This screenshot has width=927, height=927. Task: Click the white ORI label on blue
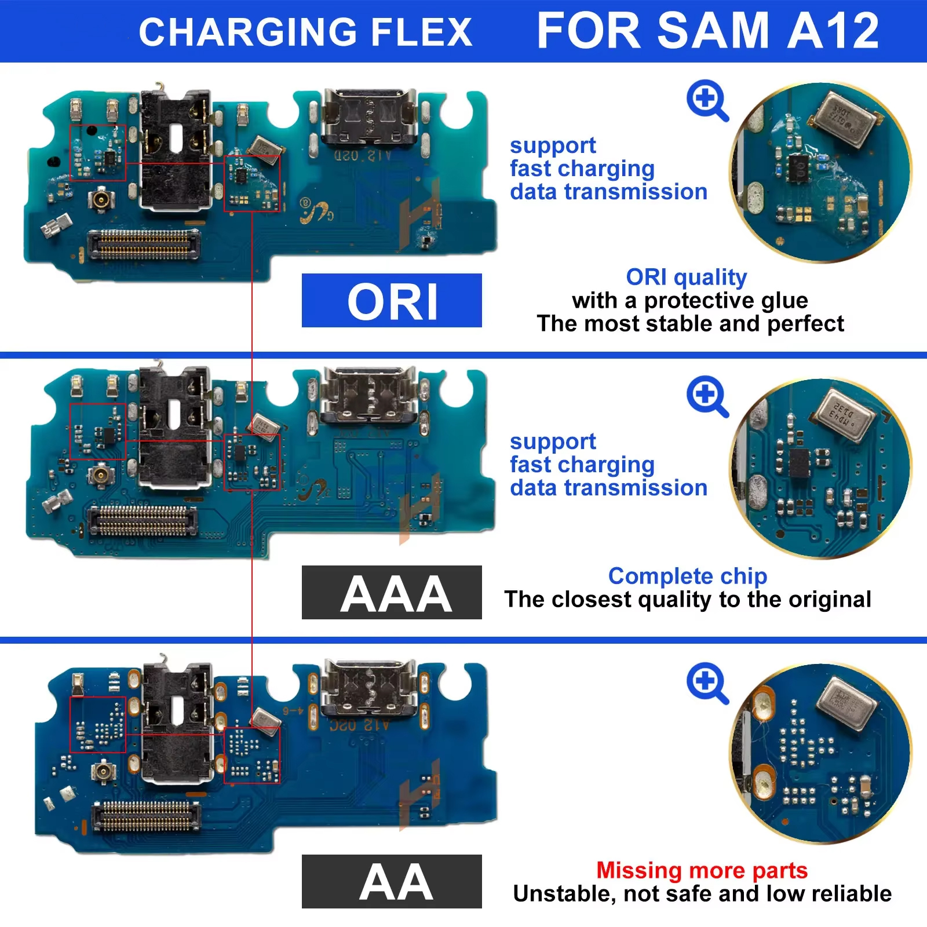(x=392, y=301)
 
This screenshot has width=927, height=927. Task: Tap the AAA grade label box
(x=392, y=593)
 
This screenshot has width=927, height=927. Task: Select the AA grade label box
(x=392, y=881)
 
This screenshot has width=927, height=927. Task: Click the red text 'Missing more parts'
(x=702, y=870)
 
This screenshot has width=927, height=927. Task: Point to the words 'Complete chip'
(x=687, y=576)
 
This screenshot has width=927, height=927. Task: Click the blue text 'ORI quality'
(x=686, y=277)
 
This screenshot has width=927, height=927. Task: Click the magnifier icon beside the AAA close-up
(x=707, y=396)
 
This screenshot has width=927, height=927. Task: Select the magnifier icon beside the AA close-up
(x=707, y=683)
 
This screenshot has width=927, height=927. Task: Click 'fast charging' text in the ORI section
(x=582, y=169)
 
